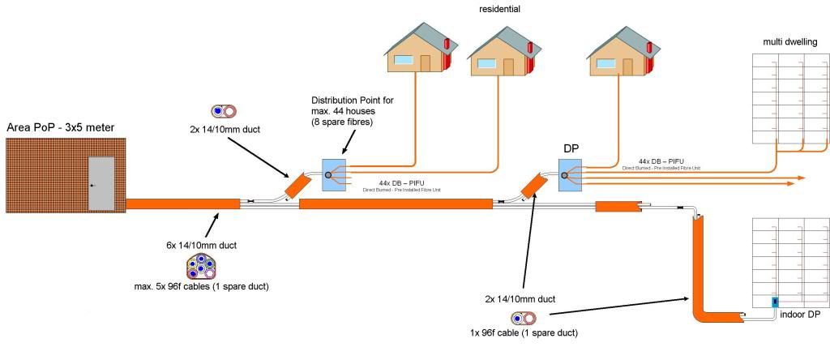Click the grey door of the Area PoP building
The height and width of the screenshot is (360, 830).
[x=101, y=185]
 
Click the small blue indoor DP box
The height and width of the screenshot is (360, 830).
[x=775, y=302]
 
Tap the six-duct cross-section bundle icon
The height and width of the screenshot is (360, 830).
[x=200, y=266]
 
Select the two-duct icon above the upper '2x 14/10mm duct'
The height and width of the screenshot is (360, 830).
[x=223, y=111]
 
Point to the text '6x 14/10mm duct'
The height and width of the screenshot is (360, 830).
[x=200, y=245]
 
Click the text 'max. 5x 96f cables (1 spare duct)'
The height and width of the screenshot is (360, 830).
[x=202, y=286]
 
